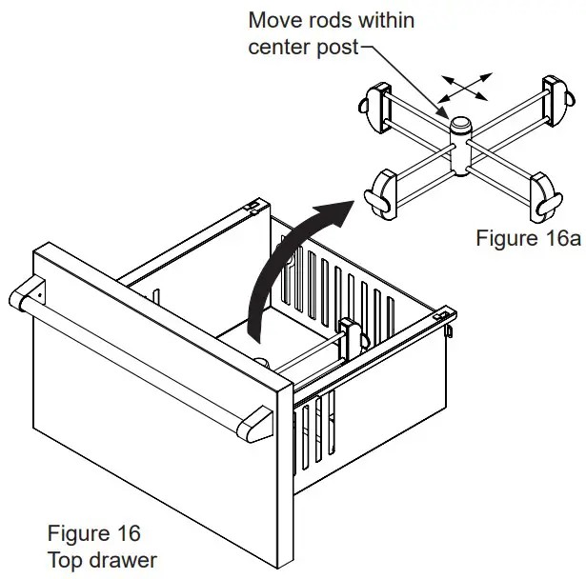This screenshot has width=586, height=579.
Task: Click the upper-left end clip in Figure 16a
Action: coord(373,104)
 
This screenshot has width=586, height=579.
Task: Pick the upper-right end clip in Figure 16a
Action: coord(557,93)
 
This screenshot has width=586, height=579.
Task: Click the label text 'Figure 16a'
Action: coord(527,238)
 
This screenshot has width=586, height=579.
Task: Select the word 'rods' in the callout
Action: coord(333,19)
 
